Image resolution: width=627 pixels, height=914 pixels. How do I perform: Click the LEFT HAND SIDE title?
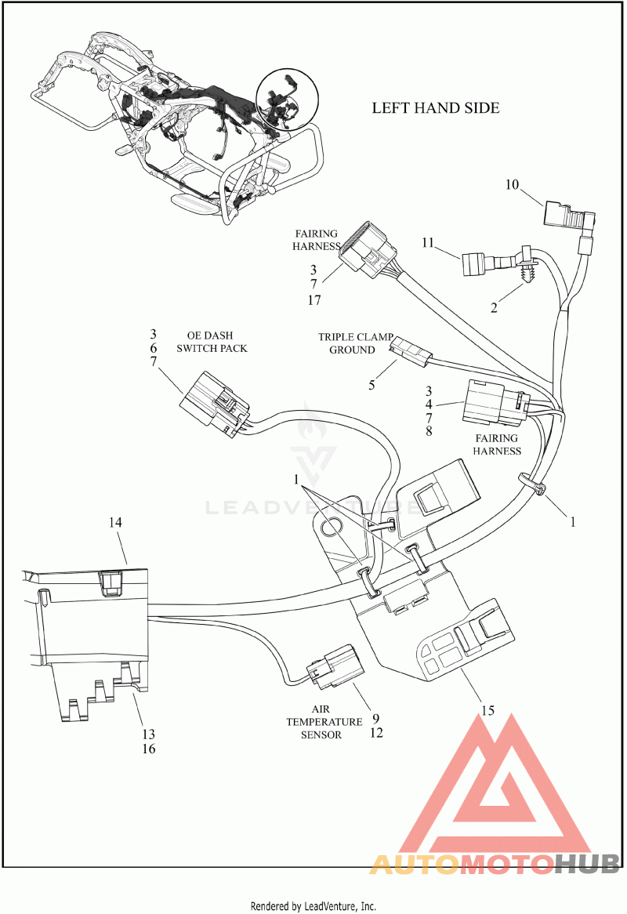[435, 108]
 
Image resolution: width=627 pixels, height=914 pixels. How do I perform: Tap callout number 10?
[512, 185]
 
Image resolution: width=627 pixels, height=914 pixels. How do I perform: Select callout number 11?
[428, 242]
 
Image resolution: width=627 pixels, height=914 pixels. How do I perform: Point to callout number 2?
[494, 308]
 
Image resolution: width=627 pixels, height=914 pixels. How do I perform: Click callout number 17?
[314, 300]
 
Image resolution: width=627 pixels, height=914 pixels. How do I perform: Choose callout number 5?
[371, 386]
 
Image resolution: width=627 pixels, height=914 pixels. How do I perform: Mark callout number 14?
[115, 522]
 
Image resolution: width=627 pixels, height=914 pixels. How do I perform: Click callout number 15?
[487, 710]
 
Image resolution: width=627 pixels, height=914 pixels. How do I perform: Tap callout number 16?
[149, 749]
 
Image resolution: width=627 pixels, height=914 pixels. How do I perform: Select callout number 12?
[376, 733]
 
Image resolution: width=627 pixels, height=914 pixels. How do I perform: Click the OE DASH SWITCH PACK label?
[212, 343]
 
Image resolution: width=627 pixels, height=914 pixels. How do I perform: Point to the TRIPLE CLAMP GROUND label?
[355, 343]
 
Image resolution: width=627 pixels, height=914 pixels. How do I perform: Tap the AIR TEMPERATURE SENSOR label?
[324, 722]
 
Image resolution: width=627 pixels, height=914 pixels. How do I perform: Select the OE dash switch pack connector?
[215, 403]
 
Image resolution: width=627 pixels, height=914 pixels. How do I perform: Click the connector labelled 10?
[569, 217]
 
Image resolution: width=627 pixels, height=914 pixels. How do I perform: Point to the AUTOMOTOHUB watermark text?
[494, 863]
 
